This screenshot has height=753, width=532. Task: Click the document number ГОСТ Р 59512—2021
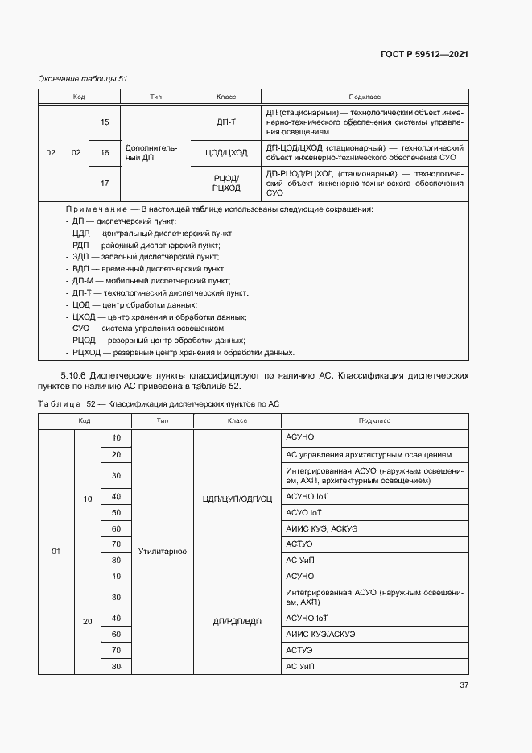[x=424, y=54]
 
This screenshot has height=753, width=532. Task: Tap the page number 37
[x=464, y=685]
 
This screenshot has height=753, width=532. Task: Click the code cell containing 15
[x=104, y=122]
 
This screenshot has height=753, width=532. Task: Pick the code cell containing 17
[x=104, y=183]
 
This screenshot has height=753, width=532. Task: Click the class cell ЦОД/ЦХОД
[x=227, y=152]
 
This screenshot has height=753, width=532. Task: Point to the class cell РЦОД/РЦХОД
[x=227, y=183]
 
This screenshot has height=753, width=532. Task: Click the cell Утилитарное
[x=162, y=552]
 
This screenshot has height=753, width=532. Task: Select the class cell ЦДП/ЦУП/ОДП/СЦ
[x=238, y=498]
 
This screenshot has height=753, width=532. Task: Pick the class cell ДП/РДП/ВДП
[x=238, y=622]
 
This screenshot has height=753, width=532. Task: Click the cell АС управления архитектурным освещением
[x=374, y=454]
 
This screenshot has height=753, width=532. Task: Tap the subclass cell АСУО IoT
[x=307, y=513]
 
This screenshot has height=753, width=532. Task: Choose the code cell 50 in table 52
[x=116, y=513]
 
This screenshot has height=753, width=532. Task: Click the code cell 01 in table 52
[x=56, y=552]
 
